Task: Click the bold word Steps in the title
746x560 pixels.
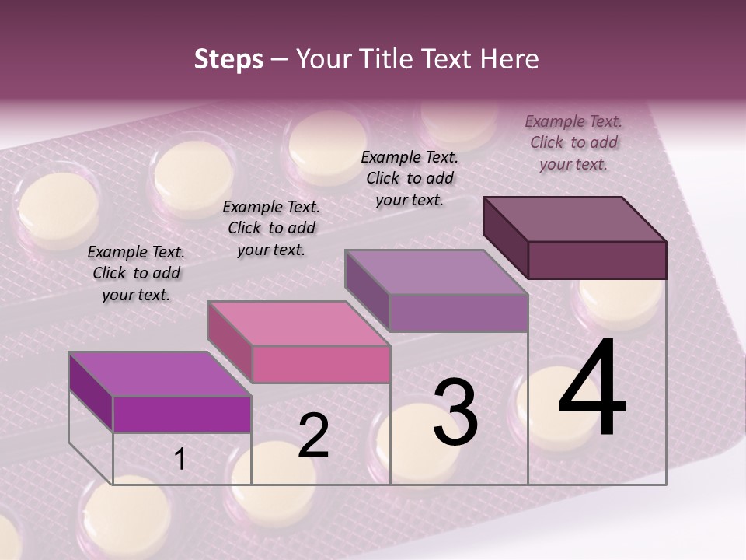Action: (x=228, y=59)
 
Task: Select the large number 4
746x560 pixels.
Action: (x=592, y=389)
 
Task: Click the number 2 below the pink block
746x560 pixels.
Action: (x=313, y=436)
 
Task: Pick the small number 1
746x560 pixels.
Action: (x=180, y=460)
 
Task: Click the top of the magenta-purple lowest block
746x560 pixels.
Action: (x=160, y=374)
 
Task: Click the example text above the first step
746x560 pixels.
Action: (x=136, y=274)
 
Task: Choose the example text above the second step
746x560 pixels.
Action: (x=271, y=228)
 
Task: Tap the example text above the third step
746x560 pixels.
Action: (x=410, y=178)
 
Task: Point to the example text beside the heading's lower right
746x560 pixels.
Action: (x=573, y=142)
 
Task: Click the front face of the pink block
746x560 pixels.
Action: (x=321, y=364)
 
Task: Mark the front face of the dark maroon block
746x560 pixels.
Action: (x=597, y=260)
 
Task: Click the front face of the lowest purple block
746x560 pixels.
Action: (x=182, y=415)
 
